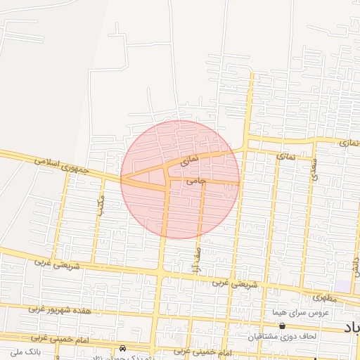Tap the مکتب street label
click(x=103, y=204)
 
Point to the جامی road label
click(x=196, y=181)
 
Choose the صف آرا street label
click(x=196, y=262)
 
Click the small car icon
click(x=123, y=348)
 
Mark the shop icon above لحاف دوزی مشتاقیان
click(x=282, y=326)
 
